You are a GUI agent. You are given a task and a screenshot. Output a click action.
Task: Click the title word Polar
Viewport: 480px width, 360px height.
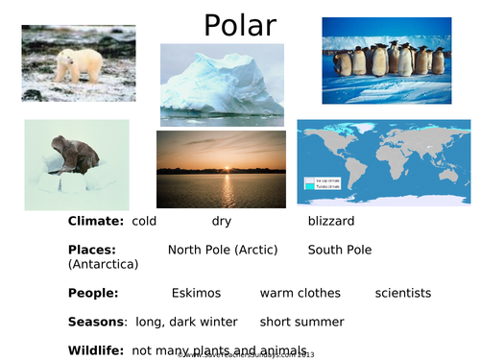coord(239,25)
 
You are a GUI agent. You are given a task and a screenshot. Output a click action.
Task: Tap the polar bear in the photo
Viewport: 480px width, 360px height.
coord(77,65)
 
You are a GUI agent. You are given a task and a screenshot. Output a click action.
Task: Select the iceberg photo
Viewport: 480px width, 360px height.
coord(222,85)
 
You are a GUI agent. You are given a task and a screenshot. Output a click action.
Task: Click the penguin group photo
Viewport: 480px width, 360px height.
coord(386,60)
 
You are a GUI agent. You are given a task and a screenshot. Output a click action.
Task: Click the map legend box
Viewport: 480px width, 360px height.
coord(322,182)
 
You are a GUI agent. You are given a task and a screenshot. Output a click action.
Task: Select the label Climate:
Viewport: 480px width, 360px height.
coord(96,222)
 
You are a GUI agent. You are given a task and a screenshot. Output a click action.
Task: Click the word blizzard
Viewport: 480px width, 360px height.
coord(331,222)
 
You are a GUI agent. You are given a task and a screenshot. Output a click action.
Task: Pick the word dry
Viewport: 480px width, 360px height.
coord(222,222)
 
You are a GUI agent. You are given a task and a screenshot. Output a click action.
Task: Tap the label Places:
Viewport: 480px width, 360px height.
coord(93,250)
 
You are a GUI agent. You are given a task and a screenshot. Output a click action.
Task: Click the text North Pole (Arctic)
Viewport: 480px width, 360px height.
coord(223,250)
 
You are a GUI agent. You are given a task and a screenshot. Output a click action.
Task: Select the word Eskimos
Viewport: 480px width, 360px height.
coord(196,293)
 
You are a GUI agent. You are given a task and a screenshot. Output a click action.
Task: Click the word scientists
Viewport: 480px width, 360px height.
coord(403,293)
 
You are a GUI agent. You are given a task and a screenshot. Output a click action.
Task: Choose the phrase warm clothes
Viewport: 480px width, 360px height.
coord(300,293)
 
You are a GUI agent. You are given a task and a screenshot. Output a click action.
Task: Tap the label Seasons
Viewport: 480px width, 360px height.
coord(97,322)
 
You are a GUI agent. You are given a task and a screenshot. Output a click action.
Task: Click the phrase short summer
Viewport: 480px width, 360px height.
coord(301,322)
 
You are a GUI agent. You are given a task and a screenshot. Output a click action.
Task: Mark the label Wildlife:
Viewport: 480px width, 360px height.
coord(96,350)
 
